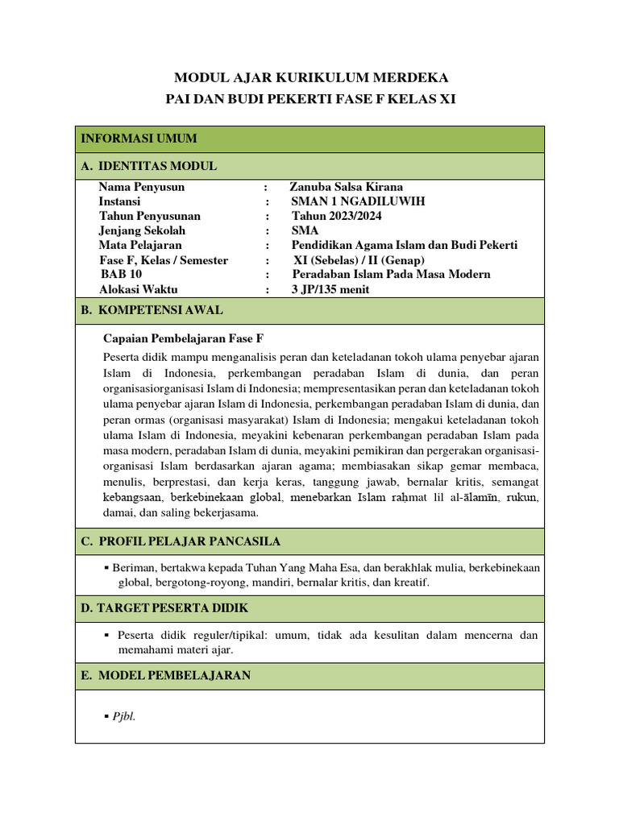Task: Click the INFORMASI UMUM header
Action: [x=139, y=139]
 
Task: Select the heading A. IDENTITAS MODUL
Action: [x=149, y=166]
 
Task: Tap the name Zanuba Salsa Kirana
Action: [x=346, y=187]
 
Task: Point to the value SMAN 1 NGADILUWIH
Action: [x=358, y=201]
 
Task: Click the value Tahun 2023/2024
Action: [x=336, y=216]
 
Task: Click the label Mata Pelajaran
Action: [x=140, y=245]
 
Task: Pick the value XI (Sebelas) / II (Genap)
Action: [x=359, y=260]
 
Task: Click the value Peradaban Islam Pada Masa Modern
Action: [x=391, y=274]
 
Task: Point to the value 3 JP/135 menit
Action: [x=330, y=289]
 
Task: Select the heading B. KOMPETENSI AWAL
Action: [x=152, y=310]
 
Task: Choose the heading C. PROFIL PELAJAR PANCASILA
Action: [x=181, y=541]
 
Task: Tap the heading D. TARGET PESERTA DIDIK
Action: [x=164, y=607]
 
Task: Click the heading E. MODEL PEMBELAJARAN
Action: [x=166, y=675]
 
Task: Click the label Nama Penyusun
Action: [x=141, y=187]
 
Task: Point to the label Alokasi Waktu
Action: [x=138, y=289]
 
